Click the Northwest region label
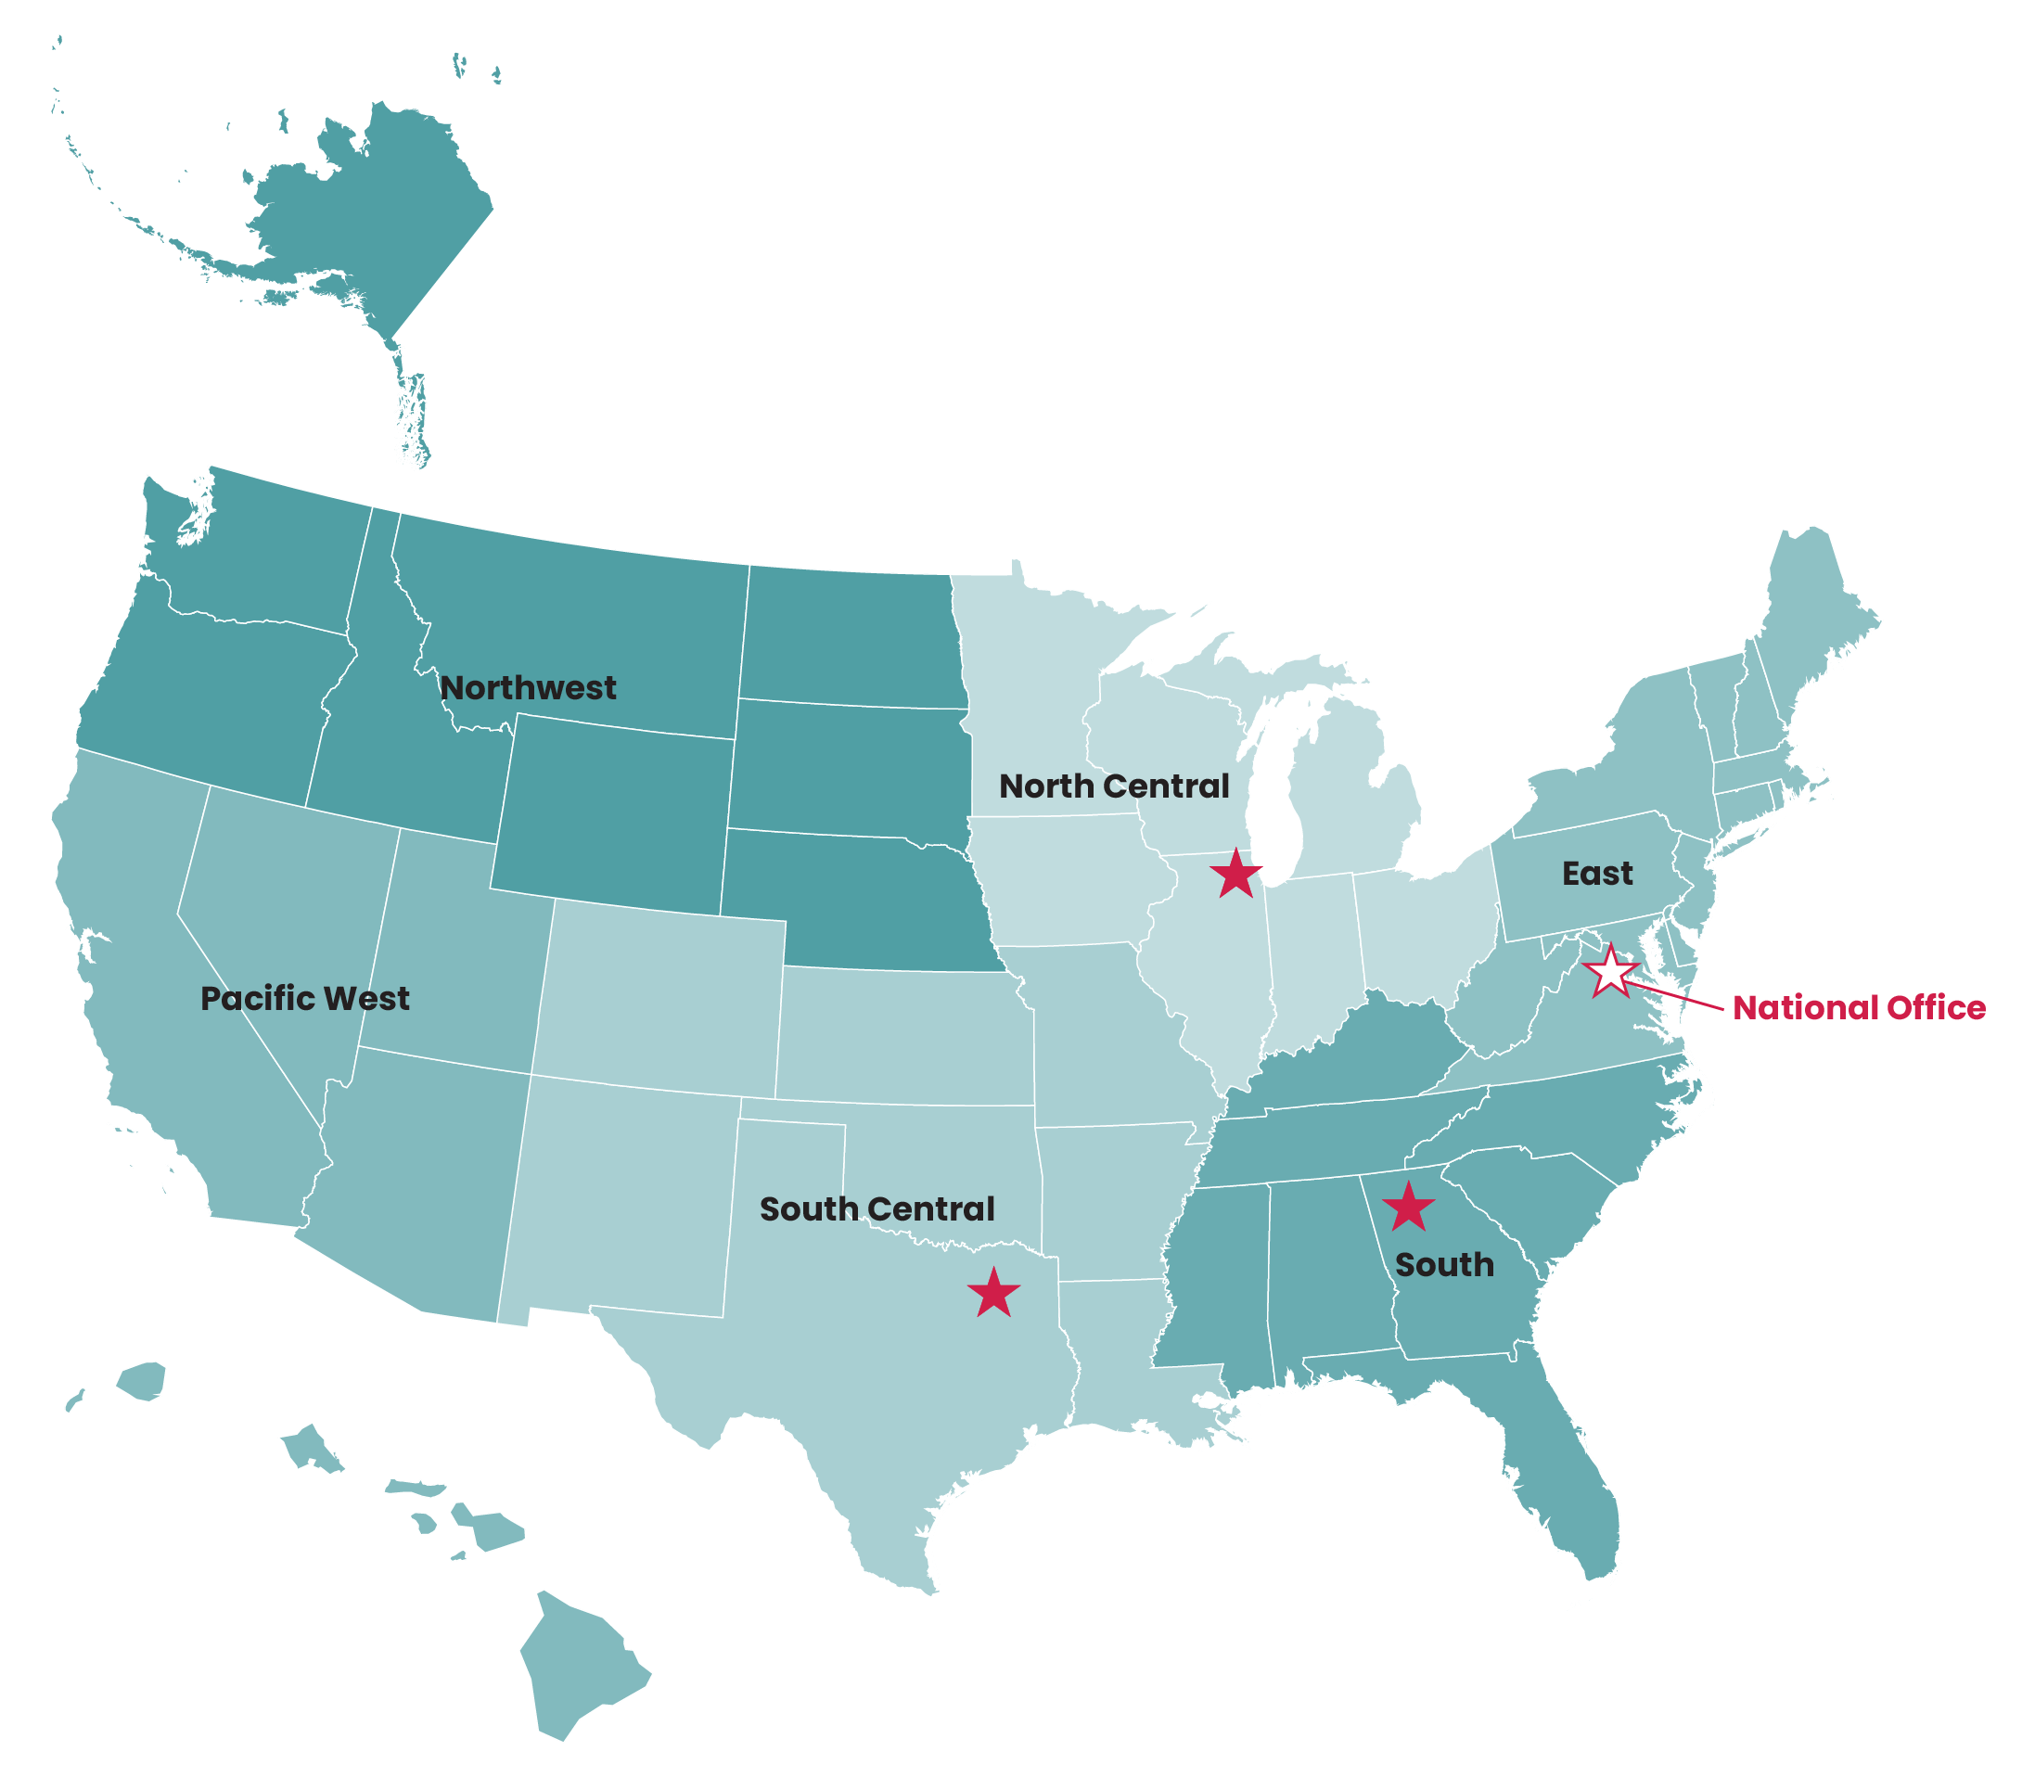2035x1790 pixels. click(x=528, y=688)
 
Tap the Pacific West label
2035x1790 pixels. click(x=304, y=999)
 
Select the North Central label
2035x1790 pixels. click(x=1114, y=786)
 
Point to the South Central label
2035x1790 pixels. click(x=877, y=1208)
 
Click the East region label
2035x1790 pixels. click(x=1597, y=874)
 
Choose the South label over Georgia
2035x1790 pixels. click(x=1444, y=1265)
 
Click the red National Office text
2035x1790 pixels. click(x=1859, y=1007)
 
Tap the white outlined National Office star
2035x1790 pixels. click(x=1610, y=973)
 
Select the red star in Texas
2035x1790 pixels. click(x=993, y=1294)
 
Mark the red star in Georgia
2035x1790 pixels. click(x=1409, y=1208)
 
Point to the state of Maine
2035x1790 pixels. click(x=1807, y=618)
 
